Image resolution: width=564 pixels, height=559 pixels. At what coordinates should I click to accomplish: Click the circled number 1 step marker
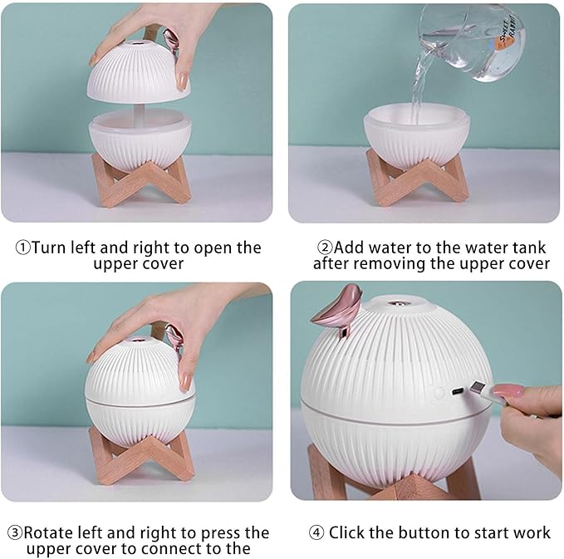pos(23,248)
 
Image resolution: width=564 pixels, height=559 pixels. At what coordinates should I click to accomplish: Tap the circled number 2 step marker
pos(326,248)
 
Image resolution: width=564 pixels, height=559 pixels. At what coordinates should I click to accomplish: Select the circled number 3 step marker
pos(15,532)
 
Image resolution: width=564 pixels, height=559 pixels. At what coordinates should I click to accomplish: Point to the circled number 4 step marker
pos(316,532)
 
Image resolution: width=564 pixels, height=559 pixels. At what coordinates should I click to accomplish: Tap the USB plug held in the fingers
pos(481,390)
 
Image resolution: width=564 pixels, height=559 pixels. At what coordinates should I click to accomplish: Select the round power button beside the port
pos(439,393)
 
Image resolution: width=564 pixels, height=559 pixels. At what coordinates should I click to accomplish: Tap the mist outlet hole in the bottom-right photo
pos(399,303)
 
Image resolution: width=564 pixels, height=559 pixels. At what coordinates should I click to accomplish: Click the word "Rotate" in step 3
pos(51,532)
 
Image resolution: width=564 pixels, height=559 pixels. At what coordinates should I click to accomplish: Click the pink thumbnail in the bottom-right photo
pos(508,390)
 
